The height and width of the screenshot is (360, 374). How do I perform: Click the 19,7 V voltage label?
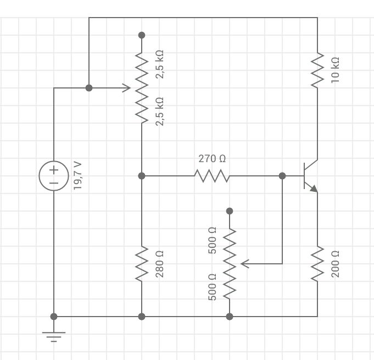pyautogui.click(x=77, y=176)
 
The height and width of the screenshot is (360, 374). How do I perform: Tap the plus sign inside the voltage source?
pyautogui.click(x=54, y=170)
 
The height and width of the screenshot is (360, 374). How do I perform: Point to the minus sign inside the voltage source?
pyautogui.click(x=54, y=182)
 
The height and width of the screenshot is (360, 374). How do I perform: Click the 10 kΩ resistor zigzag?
pyautogui.click(x=317, y=70)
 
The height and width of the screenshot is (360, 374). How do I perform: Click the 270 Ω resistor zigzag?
pyautogui.click(x=212, y=176)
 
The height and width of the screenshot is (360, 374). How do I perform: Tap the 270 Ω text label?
pyautogui.click(x=212, y=159)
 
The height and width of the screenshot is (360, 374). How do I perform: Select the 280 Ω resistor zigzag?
pyautogui.click(x=142, y=263)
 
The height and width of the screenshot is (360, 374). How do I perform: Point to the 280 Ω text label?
pyautogui.click(x=160, y=263)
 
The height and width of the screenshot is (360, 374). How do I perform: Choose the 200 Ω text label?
pyautogui.click(x=336, y=263)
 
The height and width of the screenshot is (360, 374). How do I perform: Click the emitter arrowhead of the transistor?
pyautogui.click(x=314, y=189)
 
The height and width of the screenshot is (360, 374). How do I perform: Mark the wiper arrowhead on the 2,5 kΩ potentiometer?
pyautogui.click(x=127, y=88)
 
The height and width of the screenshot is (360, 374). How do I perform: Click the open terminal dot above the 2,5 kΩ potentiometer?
pyautogui.click(x=142, y=35)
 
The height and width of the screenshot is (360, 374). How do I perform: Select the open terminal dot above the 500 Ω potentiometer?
pyautogui.click(x=230, y=211)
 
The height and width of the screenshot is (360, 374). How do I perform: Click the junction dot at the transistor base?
pyautogui.click(x=282, y=176)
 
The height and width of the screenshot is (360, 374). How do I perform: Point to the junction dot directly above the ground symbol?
pyautogui.click(x=54, y=317)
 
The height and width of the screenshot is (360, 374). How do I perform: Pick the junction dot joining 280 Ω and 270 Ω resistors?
pyautogui.click(x=142, y=176)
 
